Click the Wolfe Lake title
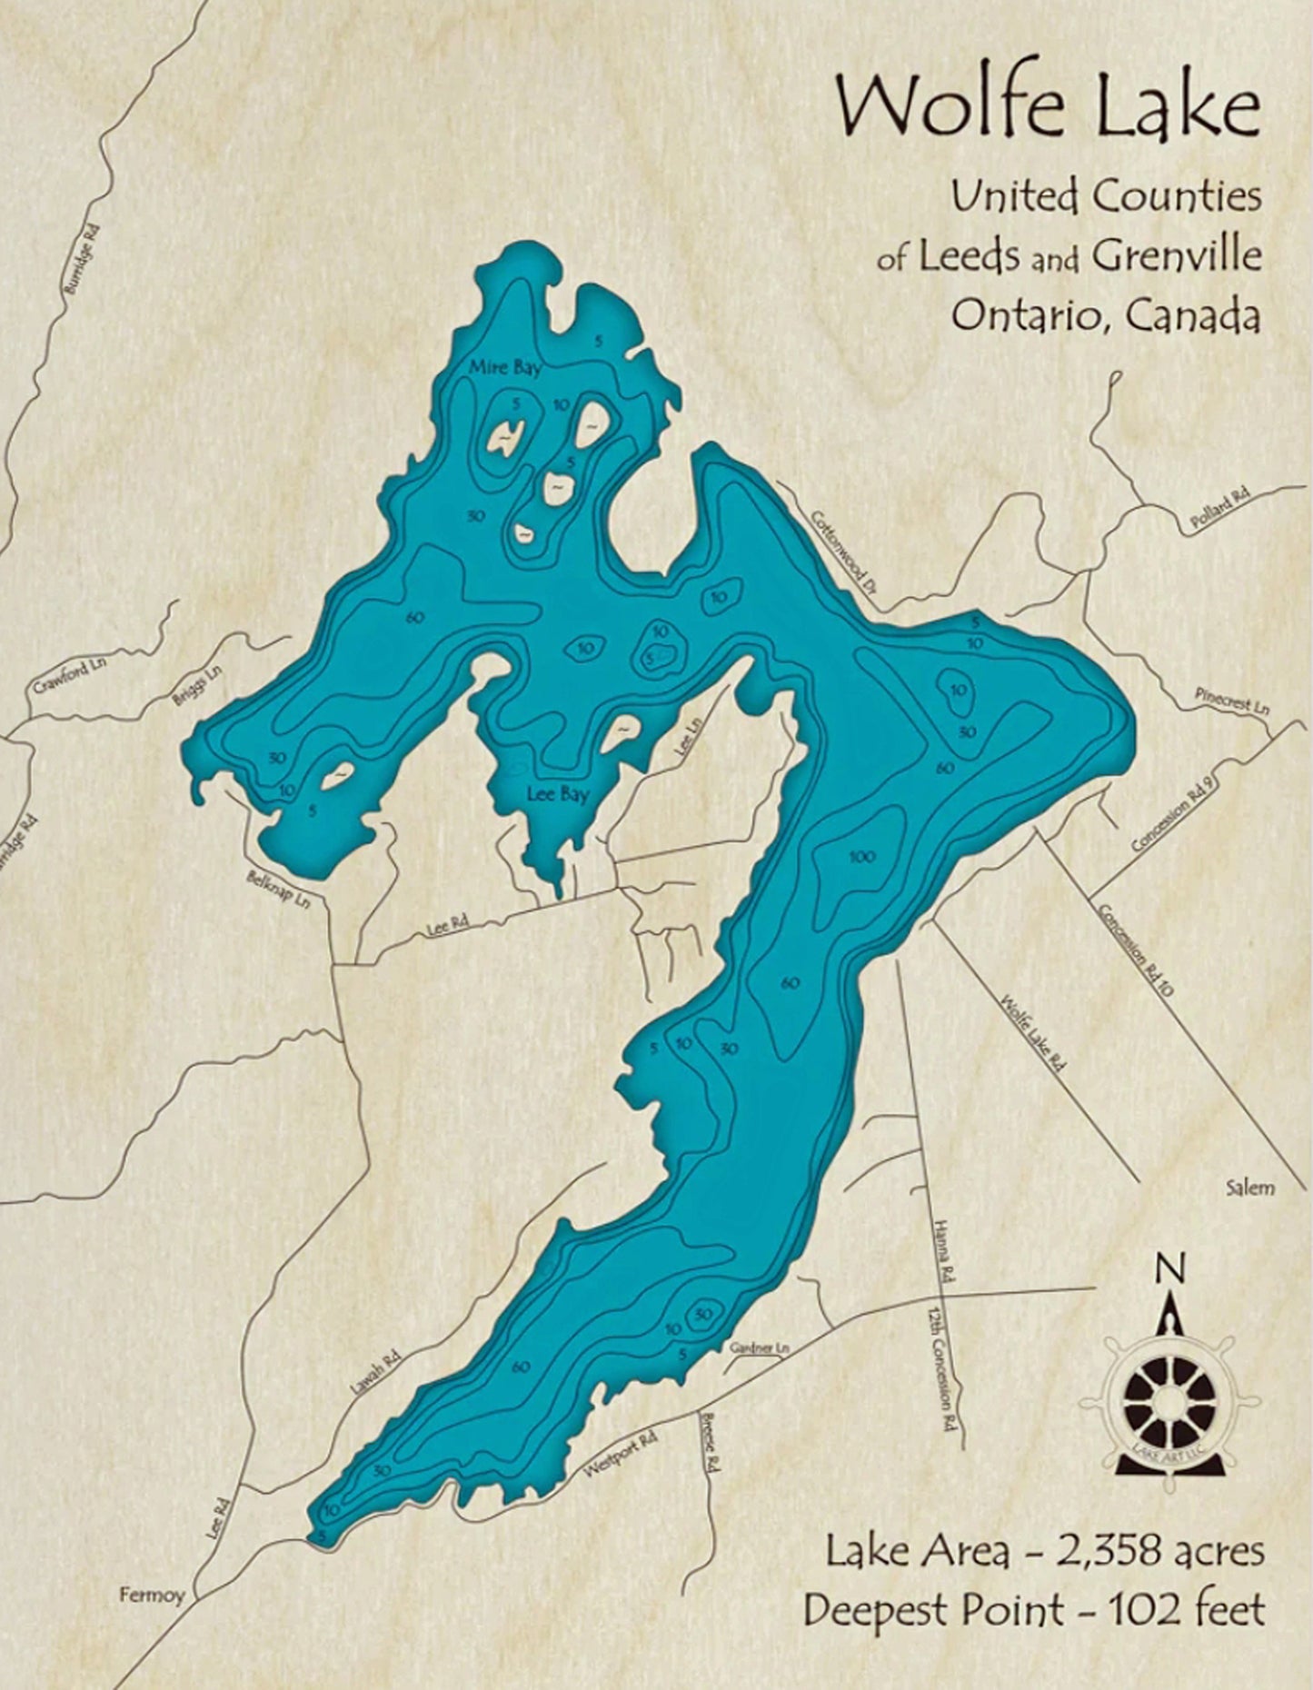pos(1049,106)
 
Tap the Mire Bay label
pos(505,368)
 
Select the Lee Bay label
pos(558,795)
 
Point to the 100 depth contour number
pos(862,857)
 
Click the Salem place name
pos(1249,1187)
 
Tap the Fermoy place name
pos(152,1594)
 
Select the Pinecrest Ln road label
pos(1232,700)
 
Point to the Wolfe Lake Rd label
pos(1031,1034)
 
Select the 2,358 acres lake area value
pos(1159,1550)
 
